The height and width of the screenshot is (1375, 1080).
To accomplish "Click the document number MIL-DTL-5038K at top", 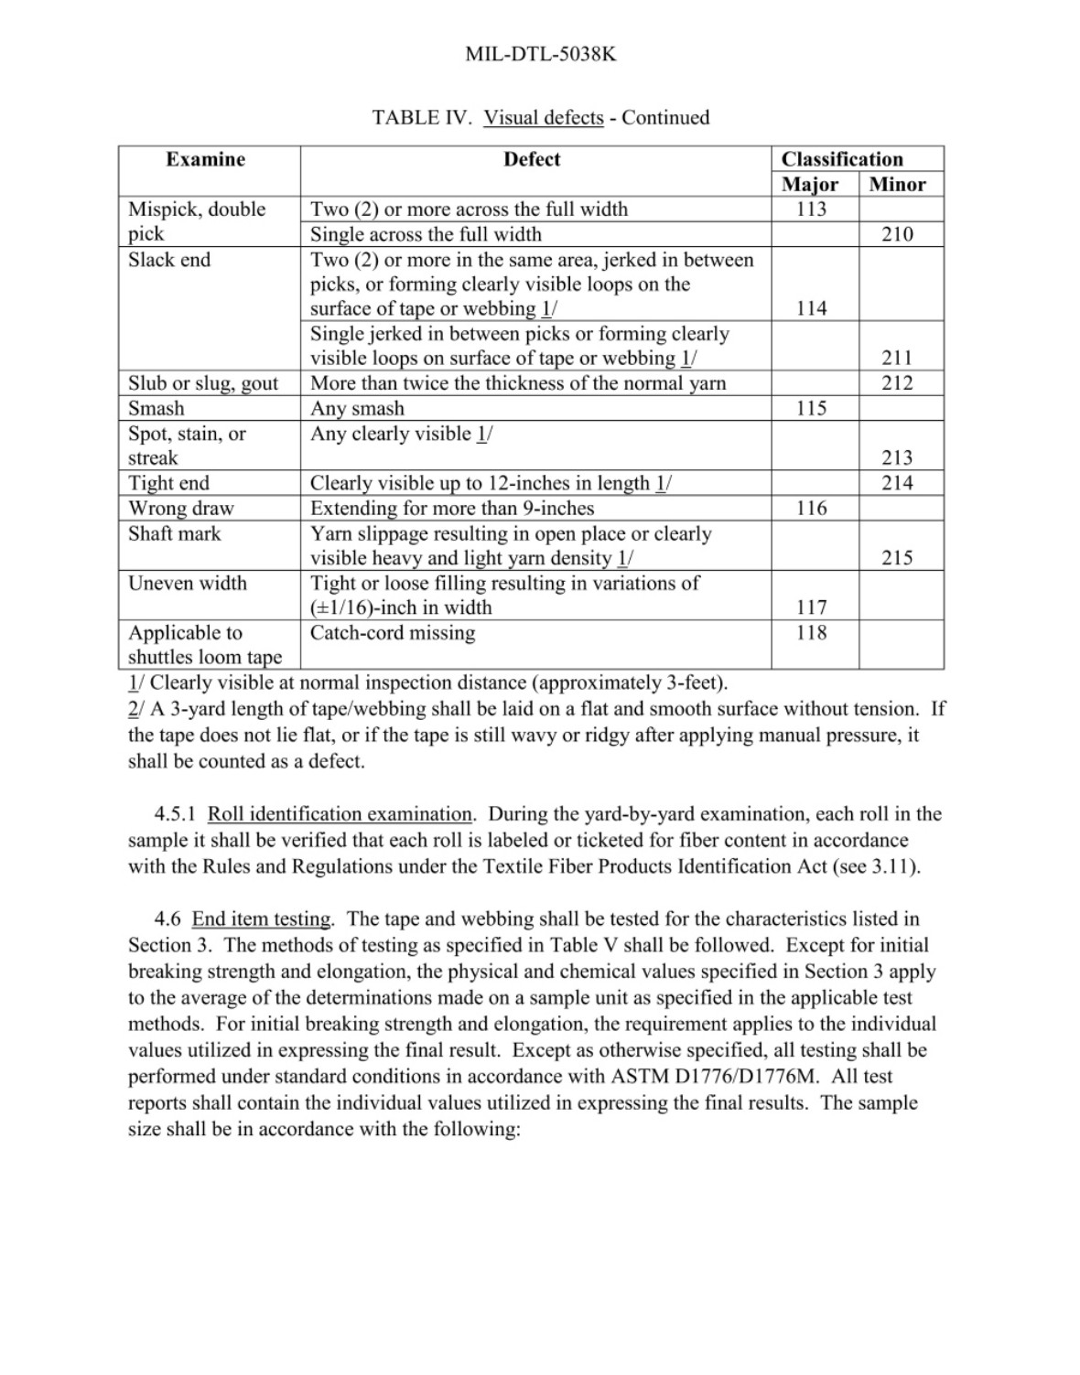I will click(540, 54).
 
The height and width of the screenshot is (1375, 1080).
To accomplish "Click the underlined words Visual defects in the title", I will click(544, 118).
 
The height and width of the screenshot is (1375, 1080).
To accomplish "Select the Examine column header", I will click(205, 159).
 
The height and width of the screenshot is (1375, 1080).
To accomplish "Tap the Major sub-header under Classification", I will click(810, 184).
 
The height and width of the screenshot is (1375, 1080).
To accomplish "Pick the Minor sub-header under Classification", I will click(897, 184).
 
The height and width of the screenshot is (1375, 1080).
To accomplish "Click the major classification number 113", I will click(811, 209).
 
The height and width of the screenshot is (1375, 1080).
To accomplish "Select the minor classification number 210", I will click(897, 234).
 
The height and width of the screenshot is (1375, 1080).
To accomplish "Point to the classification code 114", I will click(811, 308).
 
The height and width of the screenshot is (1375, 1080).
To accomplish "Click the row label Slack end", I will click(169, 260).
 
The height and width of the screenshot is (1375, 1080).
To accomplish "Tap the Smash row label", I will click(156, 408).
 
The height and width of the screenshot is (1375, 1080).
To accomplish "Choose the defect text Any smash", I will click(357, 408).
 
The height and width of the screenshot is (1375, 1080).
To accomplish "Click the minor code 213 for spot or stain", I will click(897, 457).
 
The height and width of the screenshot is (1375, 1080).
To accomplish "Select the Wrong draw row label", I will click(180, 508).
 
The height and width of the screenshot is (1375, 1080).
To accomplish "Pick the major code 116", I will click(811, 508).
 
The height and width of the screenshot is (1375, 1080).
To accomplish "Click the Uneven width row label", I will click(187, 583).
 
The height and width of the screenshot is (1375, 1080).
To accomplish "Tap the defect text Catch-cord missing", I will click(393, 632).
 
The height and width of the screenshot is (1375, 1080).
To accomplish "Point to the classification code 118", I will click(811, 632).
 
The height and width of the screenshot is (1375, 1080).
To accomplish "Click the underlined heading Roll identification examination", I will click(340, 814).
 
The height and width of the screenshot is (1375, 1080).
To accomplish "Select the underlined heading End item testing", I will click(262, 919).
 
